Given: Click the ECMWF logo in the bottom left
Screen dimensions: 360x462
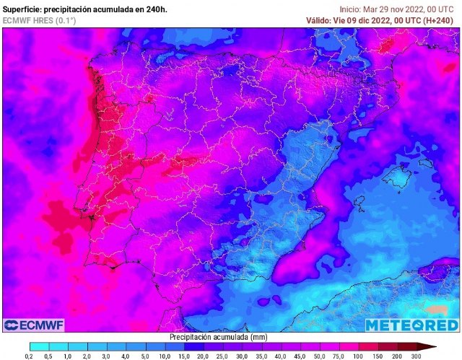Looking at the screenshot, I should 32,325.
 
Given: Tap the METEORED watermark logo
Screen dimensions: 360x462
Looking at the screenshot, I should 410,325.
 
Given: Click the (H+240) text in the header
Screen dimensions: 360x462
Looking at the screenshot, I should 434,20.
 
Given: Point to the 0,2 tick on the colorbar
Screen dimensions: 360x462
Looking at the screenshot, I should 29,356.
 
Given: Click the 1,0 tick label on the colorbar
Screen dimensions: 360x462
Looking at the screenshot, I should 67,356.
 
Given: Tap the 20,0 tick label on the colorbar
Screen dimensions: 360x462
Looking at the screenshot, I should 201,356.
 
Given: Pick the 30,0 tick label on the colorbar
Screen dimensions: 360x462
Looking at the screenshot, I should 240,356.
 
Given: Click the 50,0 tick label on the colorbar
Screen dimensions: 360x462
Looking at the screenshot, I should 318,356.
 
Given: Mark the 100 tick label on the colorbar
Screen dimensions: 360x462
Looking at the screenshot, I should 357,356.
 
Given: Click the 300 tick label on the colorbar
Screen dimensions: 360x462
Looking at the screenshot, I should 416,356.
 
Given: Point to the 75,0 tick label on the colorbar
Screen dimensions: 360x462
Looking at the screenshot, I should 338,356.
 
